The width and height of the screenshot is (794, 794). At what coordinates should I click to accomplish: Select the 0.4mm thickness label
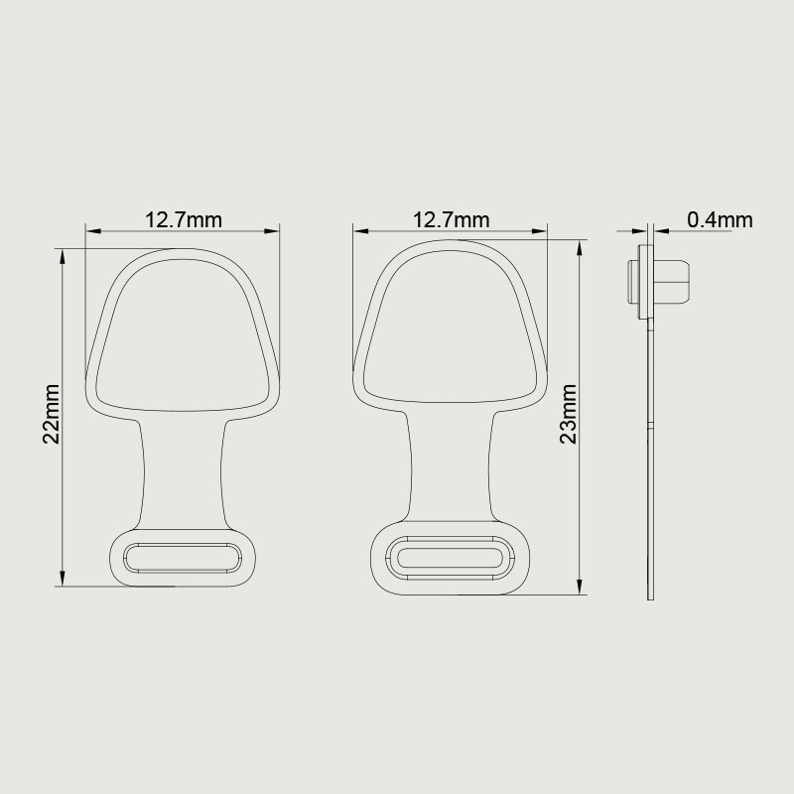(720, 219)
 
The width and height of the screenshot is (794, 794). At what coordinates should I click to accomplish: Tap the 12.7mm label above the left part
(184, 219)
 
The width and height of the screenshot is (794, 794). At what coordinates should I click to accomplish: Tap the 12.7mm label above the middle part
(452, 219)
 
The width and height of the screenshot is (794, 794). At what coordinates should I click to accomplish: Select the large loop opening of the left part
(185, 332)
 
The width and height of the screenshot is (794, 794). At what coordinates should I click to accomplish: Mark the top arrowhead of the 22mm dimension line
(64, 255)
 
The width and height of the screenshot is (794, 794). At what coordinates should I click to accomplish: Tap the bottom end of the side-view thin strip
(652, 595)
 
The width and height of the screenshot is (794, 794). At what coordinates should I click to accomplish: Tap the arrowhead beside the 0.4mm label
(661, 231)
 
